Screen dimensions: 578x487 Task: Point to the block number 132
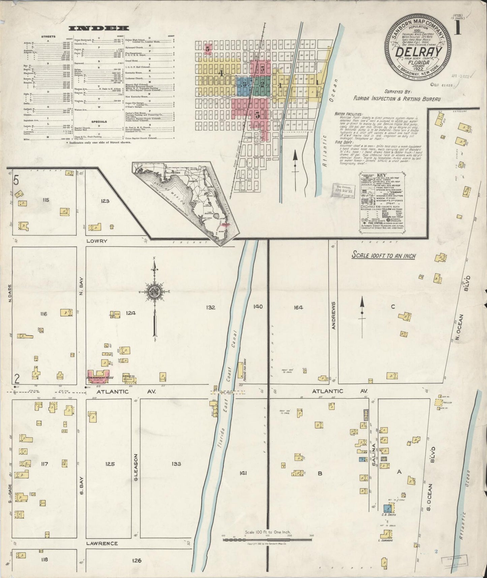tap(211, 307)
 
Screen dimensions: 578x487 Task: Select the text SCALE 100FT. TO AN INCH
tap(384, 256)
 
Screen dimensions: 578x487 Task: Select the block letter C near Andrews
tap(393, 307)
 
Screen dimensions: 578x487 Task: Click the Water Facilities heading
tap(348, 114)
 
